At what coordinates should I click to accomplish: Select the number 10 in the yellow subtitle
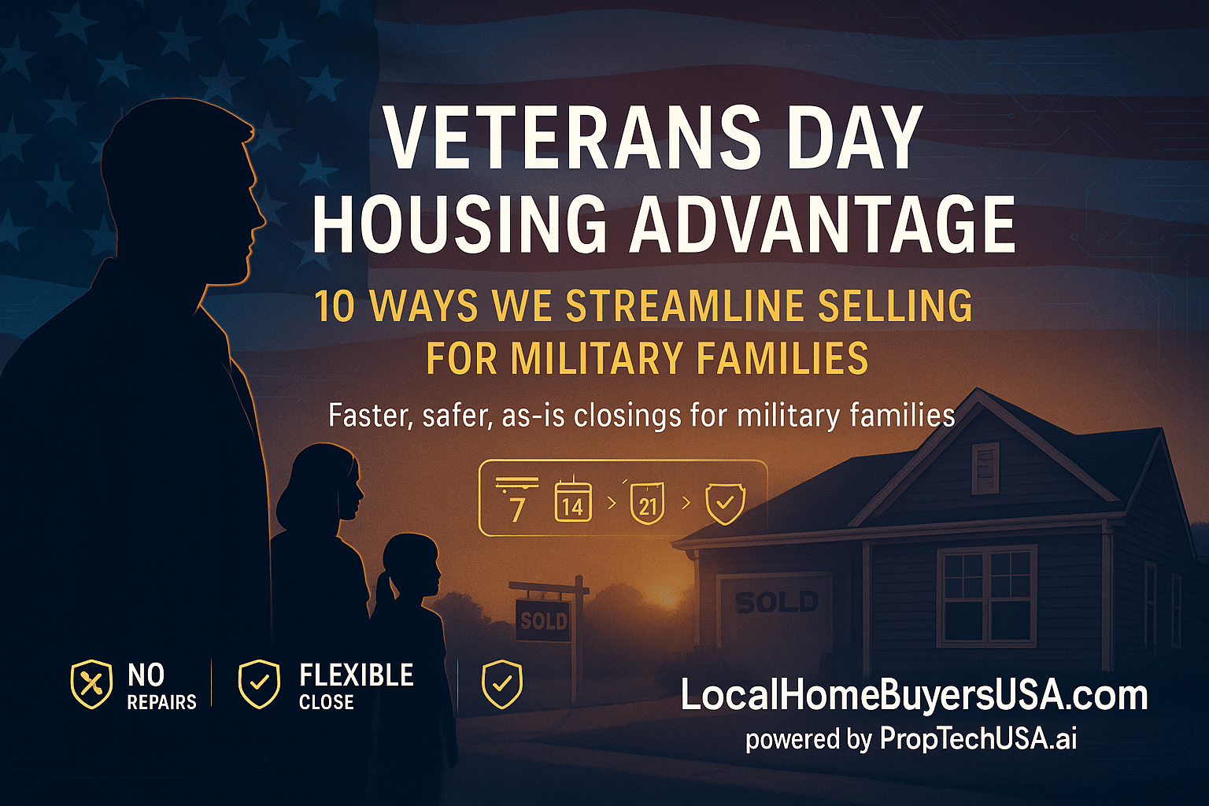pyautogui.click(x=335, y=306)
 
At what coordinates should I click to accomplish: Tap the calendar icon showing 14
pyautogui.click(x=573, y=501)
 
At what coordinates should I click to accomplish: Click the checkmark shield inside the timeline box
pyautogui.click(x=725, y=504)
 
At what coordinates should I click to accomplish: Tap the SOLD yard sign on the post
pyautogui.click(x=543, y=620)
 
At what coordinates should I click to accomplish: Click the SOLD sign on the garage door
pyautogui.click(x=776, y=603)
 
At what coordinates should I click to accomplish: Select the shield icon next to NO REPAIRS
pyautogui.click(x=91, y=684)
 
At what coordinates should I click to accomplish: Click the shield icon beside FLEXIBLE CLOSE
pyautogui.click(x=259, y=684)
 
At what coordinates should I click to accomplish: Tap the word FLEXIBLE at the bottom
pyautogui.click(x=356, y=675)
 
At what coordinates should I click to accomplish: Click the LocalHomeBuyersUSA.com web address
pyautogui.click(x=913, y=696)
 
